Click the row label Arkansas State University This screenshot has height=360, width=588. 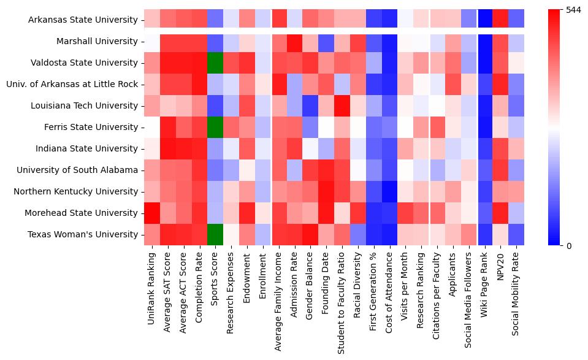pyautogui.click(x=83, y=20)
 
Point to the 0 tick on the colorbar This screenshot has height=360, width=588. pyautogui.click(x=568, y=246)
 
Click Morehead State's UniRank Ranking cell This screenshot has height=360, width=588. pyautogui.click(x=151, y=213)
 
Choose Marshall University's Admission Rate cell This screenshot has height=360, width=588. pyautogui.click(x=294, y=42)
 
